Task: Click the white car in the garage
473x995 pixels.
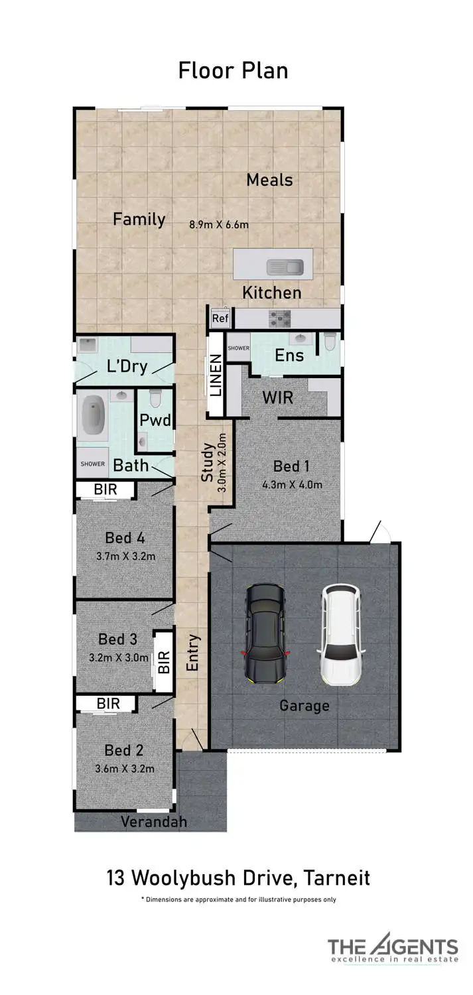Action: pos(341,635)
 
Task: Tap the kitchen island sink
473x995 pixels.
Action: pos(285,267)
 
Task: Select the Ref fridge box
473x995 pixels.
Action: pos(220,318)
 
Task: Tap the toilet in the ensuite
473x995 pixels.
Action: pos(330,342)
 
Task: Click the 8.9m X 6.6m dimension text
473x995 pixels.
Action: pos(219,224)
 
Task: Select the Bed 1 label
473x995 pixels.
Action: pos(291,467)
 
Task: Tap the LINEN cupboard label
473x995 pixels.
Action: pos(216,375)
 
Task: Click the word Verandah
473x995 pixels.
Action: pos(154,822)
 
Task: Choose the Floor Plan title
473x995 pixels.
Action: pos(233,70)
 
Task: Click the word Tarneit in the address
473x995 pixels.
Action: pos(337,878)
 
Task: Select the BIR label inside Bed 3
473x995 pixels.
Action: pos(163,661)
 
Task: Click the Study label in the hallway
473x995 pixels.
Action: pos(208,463)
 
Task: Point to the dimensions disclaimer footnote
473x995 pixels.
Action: pos(238,899)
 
